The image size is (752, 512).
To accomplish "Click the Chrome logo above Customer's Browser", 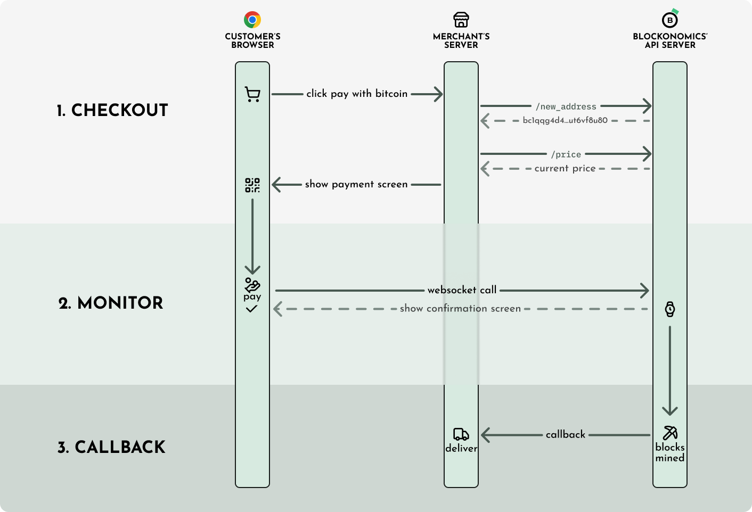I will (x=252, y=20).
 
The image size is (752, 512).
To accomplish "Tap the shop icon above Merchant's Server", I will (x=461, y=20).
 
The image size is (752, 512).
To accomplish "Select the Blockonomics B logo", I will (x=670, y=20).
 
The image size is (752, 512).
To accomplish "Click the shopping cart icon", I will (x=252, y=94).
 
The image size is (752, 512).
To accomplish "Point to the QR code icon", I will (x=252, y=185).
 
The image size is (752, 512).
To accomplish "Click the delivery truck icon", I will (x=461, y=434).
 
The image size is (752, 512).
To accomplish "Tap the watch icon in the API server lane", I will (x=670, y=309).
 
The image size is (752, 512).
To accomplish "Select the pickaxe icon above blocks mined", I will (x=670, y=433).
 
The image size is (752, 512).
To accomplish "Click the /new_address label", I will (x=566, y=106).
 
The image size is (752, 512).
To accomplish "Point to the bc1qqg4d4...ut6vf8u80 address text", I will (x=565, y=120).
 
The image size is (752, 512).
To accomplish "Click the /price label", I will (x=566, y=154).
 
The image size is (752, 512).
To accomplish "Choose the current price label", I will (x=565, y=168).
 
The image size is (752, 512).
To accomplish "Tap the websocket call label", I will (x=462, y=290).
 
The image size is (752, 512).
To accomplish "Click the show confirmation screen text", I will (x=460, y=308).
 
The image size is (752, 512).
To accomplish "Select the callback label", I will (x=566, y=434).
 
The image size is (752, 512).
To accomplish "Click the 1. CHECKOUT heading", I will (x=112, y=110).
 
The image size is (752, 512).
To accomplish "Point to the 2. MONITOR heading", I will (x=111, y=303).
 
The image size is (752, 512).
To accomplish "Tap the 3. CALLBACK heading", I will (x=111, y=447).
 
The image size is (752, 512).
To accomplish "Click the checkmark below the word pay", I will (x=252, y=309).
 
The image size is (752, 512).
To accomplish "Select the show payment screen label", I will (x=356, y=184).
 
